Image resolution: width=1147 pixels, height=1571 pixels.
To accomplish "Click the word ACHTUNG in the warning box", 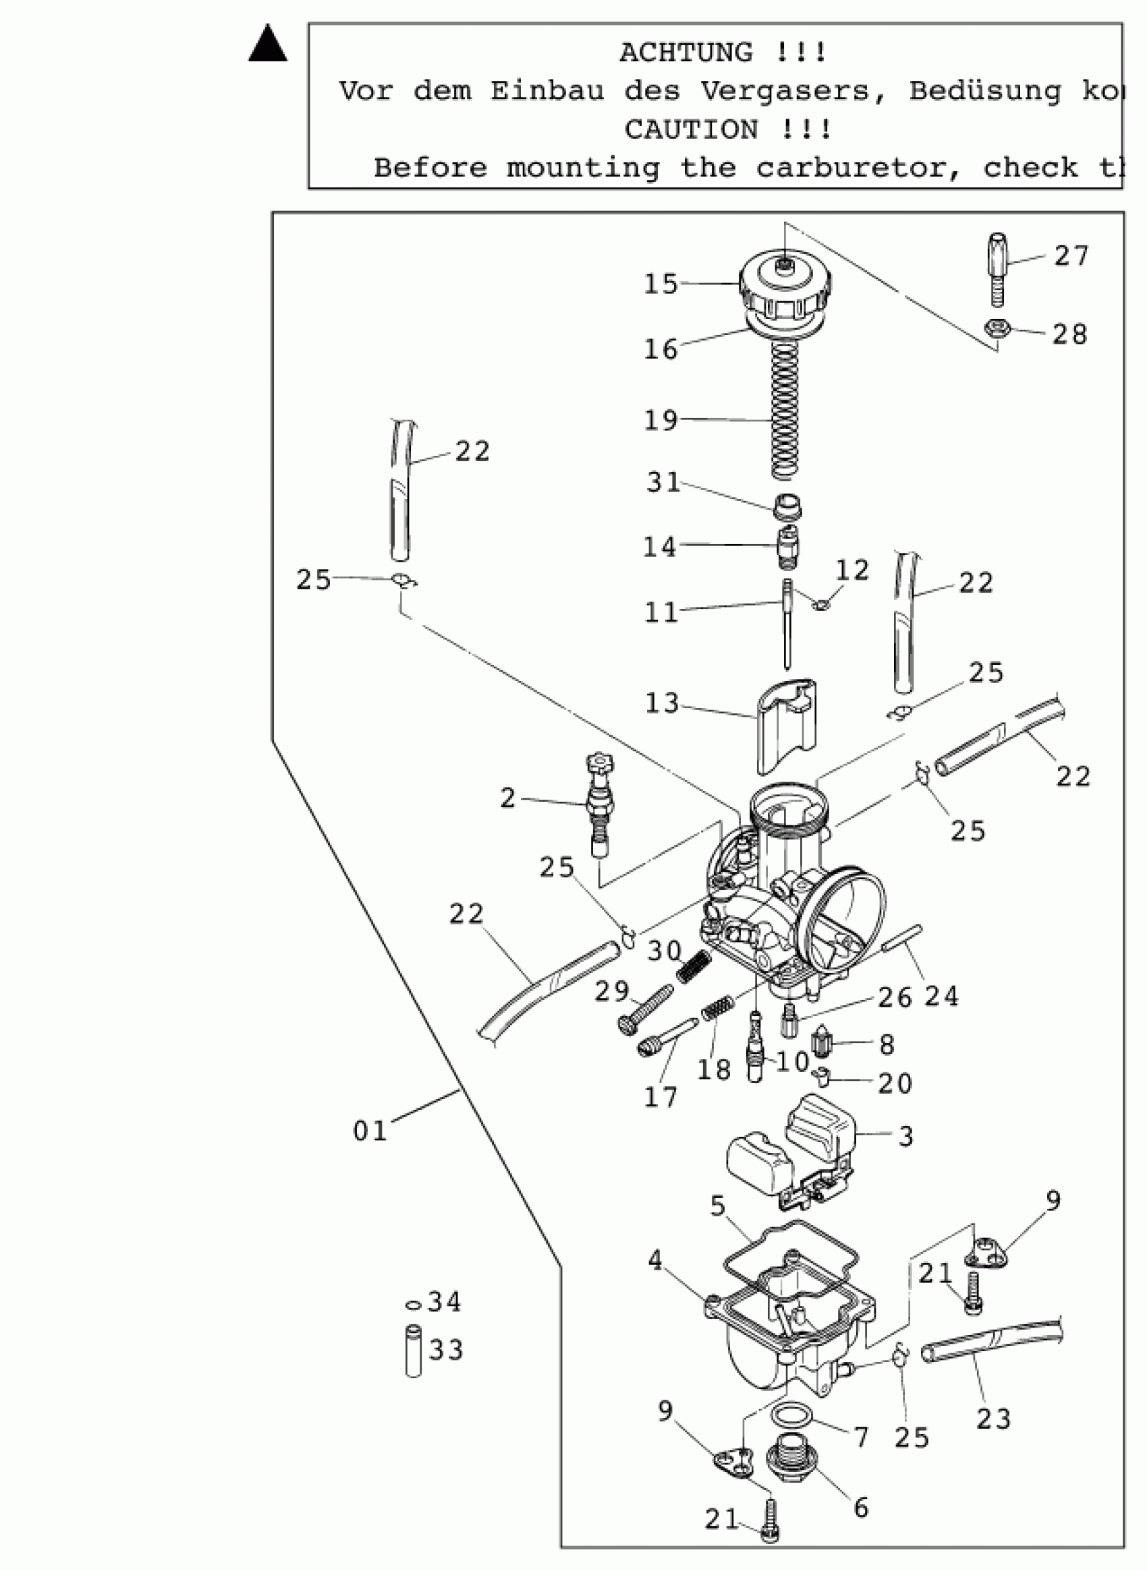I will pyautogui.click(x=686, y=53).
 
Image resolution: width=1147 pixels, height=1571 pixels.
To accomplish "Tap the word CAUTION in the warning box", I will pyautogui.click(x=691, y=129).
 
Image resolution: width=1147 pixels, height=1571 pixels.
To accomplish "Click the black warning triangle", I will pyautogui.click(x=268, y=45).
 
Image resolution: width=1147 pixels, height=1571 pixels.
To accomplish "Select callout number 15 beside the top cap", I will pyautogui.click(x=661, y=284).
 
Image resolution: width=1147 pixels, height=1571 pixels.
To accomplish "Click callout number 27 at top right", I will pyautogui.click(x=1071, y=256).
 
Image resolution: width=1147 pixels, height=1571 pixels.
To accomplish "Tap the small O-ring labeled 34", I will pyautogui.click(x=413, y=1305).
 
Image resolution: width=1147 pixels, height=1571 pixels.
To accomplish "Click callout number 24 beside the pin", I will pyautogui.click(x=941, y=997).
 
